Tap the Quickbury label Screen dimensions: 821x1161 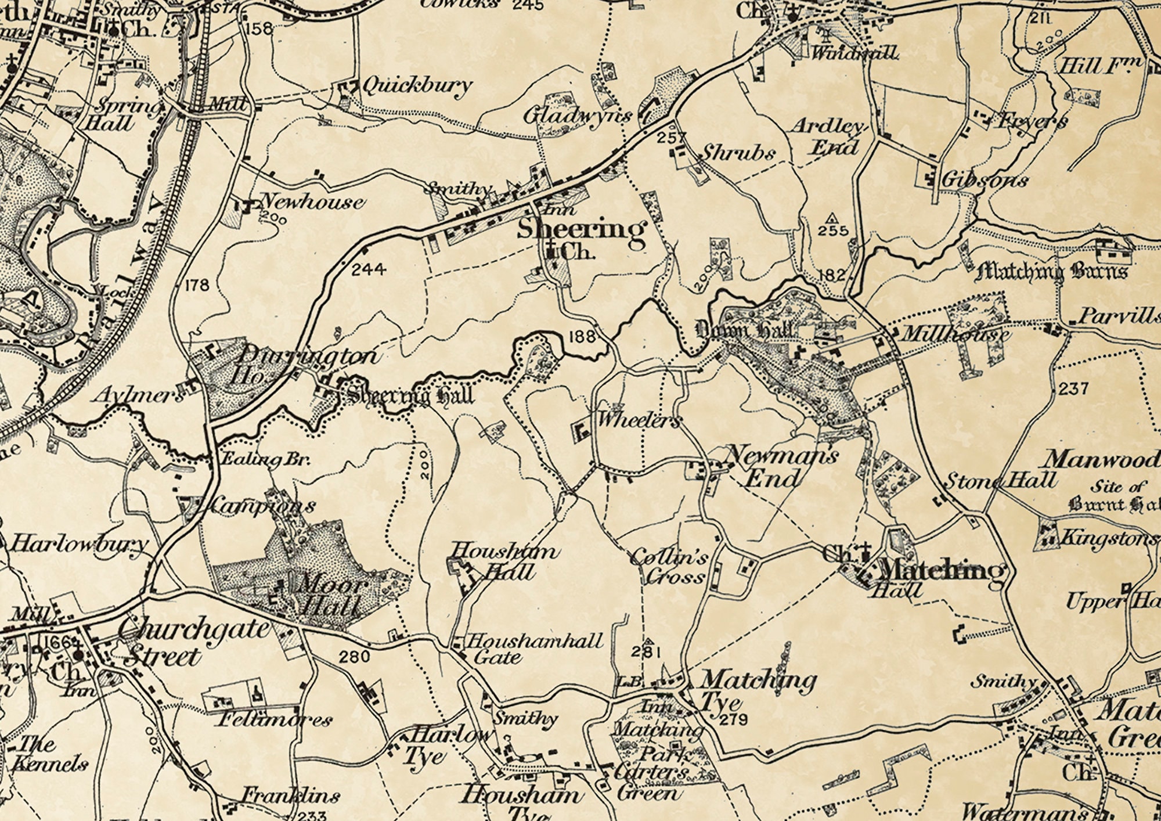click(417, 86)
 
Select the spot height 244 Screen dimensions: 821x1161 click(369, 269)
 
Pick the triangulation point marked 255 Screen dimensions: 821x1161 click(833, 218)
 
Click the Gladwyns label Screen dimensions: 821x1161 click(577, 116)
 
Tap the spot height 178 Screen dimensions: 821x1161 click(196, 285)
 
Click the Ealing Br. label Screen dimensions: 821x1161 click(266, 459)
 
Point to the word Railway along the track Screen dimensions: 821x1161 click(125, 273)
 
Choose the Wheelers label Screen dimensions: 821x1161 click(639, 420)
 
